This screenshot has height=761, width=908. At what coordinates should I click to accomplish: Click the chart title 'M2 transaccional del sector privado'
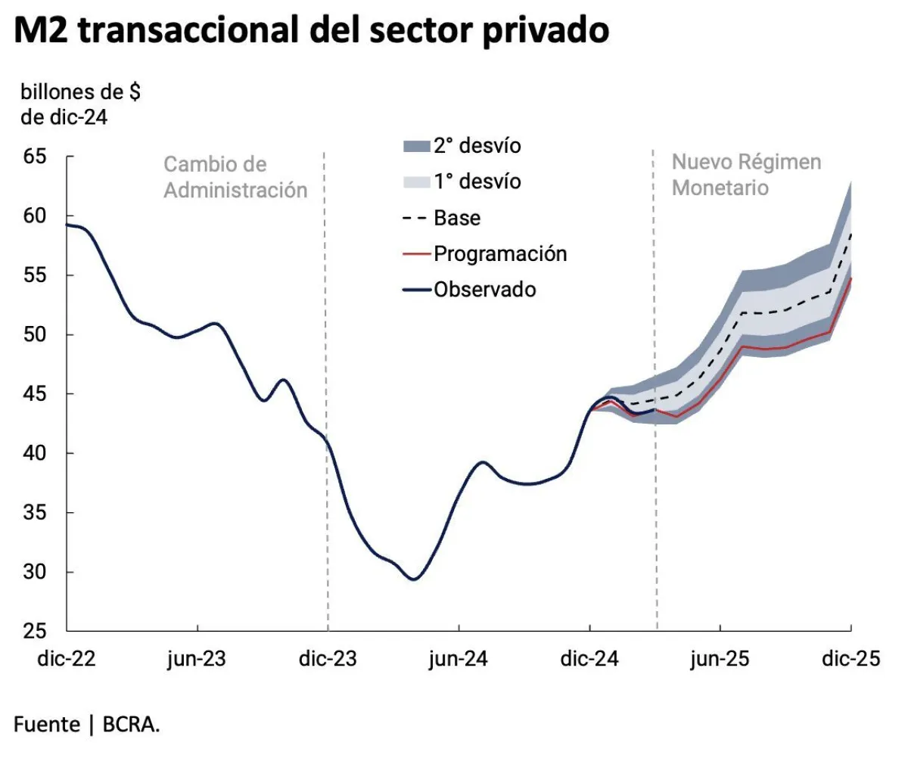tap(311, 31)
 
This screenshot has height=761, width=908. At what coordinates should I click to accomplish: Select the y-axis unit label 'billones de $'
tap(80, 93)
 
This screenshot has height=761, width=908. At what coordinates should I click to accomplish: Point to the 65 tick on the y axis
tap(36, 157)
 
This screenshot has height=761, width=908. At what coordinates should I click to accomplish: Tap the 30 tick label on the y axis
tap(36, 572)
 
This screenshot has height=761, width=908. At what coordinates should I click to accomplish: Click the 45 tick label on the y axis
tap(36, 394)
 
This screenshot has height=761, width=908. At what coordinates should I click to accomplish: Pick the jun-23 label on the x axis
tap(196, 659)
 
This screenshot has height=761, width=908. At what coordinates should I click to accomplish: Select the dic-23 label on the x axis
tap(328, 659)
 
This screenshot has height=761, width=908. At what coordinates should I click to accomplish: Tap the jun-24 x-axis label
tap(459, 659)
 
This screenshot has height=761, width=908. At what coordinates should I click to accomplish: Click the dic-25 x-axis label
tap(851, 659)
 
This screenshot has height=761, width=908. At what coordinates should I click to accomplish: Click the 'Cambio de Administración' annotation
tap(235, 177)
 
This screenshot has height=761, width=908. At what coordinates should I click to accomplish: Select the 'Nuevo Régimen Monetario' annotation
tap(746, 175)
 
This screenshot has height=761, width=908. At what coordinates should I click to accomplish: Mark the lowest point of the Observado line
tap(413, 579)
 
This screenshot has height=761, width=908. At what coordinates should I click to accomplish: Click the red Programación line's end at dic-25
tap(851, 278)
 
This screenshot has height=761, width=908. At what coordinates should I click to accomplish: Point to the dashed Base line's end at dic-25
tap(851, 234)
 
